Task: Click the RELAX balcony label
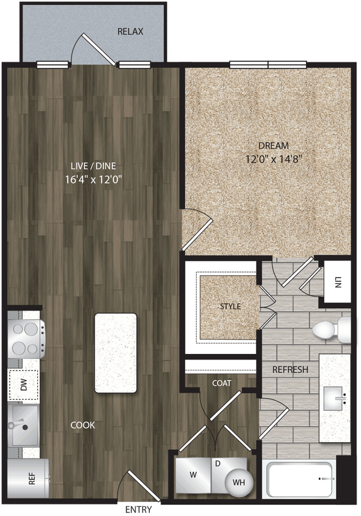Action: tap(130, 31)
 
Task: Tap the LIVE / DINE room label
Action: tap(93, 165)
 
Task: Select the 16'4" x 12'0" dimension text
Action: tap(93, 180)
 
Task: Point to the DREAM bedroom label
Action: tap(273, 146)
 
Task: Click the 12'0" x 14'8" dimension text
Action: tap(273, 159)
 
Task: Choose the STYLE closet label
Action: tap(230, 306)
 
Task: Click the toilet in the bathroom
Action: tap(330, 330)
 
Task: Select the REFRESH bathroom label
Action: tap(290, 370)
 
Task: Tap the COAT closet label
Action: tap(221, 383)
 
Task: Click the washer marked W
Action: tap(192, 475)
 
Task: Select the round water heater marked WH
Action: tap(238, 482)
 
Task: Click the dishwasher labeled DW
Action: tap(24, 385)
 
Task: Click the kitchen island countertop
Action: tap(115, 352)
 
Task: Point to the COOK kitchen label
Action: tap(82, 425)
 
